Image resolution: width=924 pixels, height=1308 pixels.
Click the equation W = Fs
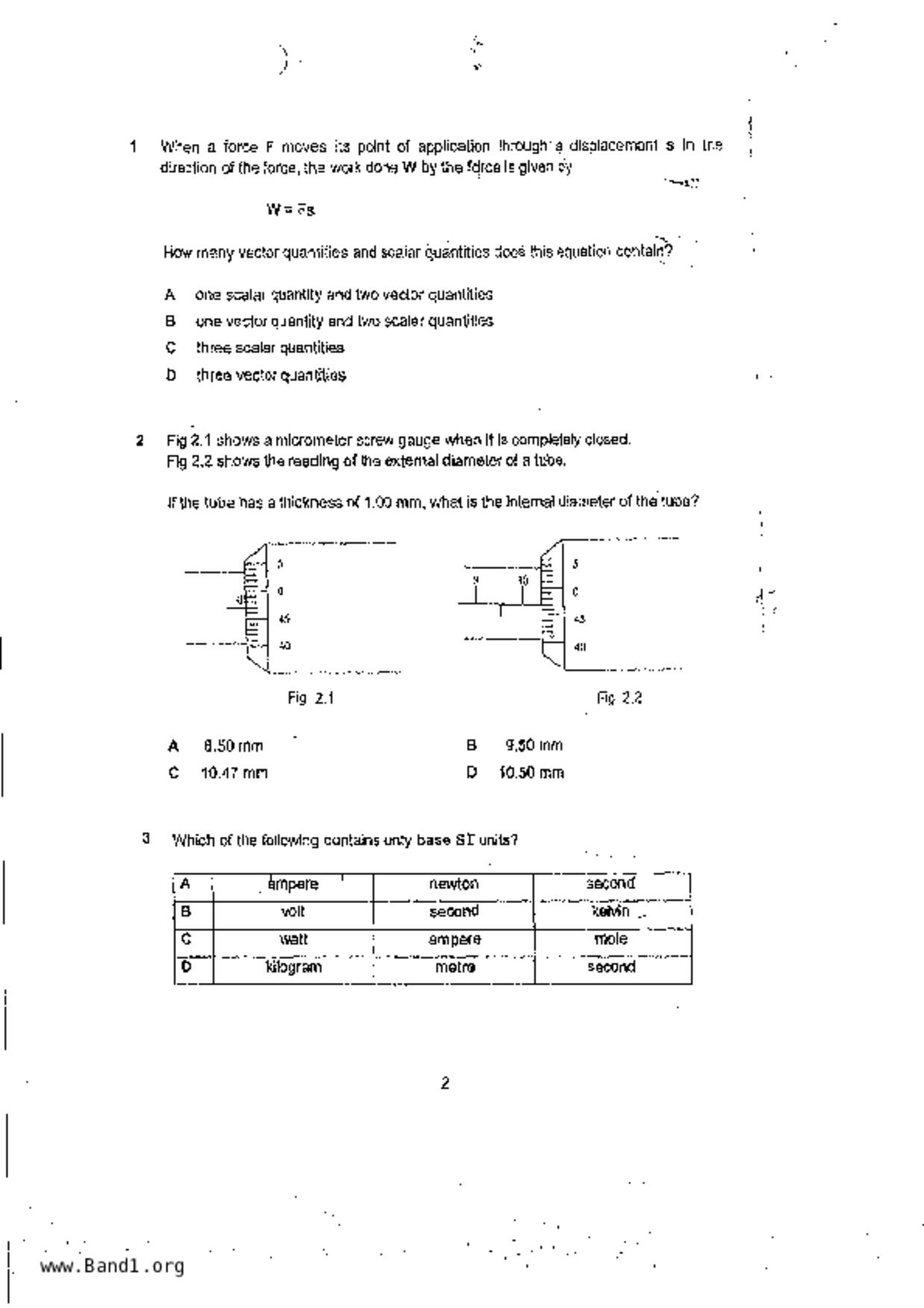pyautogui.click(x=291, y=210)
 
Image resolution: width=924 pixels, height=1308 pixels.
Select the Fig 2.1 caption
pyautogui.click(x=310, y=698)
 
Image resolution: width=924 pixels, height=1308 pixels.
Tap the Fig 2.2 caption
pyautogui.click(x=619, y=698)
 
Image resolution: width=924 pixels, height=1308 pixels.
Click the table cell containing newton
pyautogui.click(x=453, y=884)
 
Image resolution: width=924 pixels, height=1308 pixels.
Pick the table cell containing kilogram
pyautogui.click(x=294, y=967)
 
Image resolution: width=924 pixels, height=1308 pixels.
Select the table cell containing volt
pyautogui.click(x=293, y=911)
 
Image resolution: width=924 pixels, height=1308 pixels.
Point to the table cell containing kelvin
pyautogui.click(x=611, y=911)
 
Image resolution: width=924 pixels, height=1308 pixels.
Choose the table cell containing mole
pyautogui.click(x=611, y=939)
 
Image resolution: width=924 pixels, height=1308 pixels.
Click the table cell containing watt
pyautogui.click(x=293, y=939)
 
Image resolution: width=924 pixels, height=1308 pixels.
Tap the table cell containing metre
pyautogui.click(x=454, y=967)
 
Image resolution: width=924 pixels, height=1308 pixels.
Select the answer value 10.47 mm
pyautogui.click(x=234, y=773)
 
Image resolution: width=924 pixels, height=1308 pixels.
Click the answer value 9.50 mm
pyautogui.click(x=534, y=746)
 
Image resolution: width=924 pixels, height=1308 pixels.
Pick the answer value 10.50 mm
pyautogui.click(x=532, y=773)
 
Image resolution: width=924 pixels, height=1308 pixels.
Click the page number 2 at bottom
pyautogui.click(x=445, y=1084)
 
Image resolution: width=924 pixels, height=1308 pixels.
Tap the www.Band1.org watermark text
pyautogui.click(x=112, y=1266)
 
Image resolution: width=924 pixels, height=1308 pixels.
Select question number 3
pyautogui.click(x=146, y=838)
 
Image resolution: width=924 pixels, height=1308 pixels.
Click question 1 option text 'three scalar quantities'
pyautogui.click(x=269, y=348)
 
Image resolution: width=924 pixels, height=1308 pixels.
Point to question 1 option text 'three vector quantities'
pyautogui.click(x=271, y=375)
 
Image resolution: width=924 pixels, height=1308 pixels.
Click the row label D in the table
pyautogui.click(x=186, y=966)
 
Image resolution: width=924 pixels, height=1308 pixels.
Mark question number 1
pyautogui.click(x=133, y=146)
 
